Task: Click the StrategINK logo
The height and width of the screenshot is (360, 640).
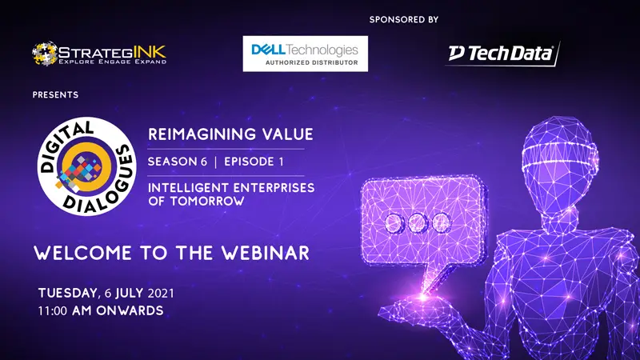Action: click(x=99, y=54)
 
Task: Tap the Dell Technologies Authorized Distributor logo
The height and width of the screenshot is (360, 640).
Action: click(x=306, y=54)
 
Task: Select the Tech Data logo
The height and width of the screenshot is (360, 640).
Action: click(x=503, y=54)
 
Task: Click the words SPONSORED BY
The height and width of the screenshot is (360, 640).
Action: click(x=404, y=19)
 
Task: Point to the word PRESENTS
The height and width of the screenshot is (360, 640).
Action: click(x=55, y=94)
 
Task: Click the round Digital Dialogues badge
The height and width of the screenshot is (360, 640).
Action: click(x=87, y=166)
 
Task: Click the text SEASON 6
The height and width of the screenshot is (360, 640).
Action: click(x=178, y=162)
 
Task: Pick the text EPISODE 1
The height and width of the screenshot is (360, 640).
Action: click(x=254, y=162)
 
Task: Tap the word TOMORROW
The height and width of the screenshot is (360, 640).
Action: click(x=207, y=202)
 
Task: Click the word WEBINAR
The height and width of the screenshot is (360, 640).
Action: click(x=266, y=253)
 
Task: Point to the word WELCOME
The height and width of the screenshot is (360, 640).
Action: click(x=82, y=253)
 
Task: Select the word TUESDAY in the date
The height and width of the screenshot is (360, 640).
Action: click(x=68, y=293)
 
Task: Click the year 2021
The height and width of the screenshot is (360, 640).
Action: click(x=161, y=294)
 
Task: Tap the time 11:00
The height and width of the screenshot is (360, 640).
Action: click(x=53, y=311)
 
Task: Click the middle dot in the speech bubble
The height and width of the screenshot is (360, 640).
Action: click(x=418, y=223)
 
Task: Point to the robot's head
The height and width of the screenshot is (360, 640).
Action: click(x=559, y=163)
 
